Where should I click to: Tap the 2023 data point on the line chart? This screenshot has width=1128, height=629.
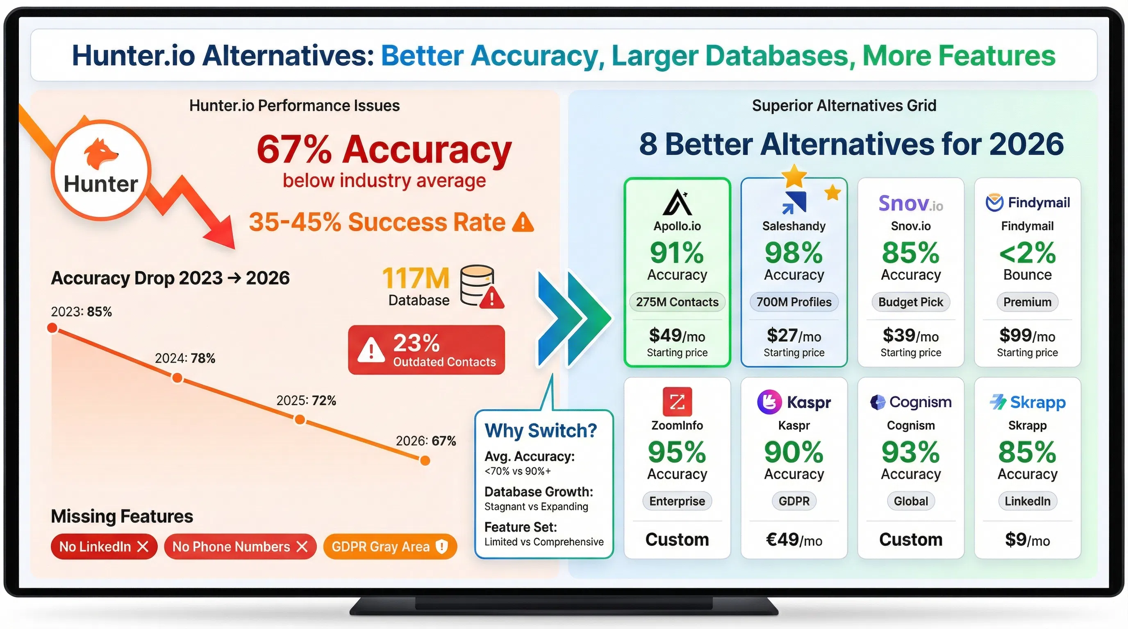click(x=52, y=328)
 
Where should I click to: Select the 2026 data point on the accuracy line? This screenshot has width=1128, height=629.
click(x=425, y=460)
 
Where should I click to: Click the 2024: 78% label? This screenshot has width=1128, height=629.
click(x=185, y=358)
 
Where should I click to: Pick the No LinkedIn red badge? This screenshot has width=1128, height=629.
click(x=104, y=546)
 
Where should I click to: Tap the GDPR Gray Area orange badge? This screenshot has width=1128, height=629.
click(x=390, y=546)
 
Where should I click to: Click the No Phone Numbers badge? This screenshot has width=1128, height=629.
click(x=240, y=546)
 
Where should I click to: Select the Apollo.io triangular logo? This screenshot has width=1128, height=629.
click(x=677, y=203)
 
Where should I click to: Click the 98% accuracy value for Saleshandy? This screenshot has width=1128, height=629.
click(x=794, y=253)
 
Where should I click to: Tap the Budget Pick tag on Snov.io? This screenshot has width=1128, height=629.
click(x=910, y=302)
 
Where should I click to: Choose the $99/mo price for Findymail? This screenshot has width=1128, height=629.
click(x=1027, y=336)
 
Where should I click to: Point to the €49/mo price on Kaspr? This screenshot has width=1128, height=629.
click(x=794, y=540)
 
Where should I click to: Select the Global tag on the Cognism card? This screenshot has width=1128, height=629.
click(x=910, y=501)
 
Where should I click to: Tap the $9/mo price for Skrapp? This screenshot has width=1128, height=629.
click(x=1027, y=540)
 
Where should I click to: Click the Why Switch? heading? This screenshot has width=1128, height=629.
click(x=540, y=430)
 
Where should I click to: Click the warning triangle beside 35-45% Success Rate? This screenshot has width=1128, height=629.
click(x=523, y=222)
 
